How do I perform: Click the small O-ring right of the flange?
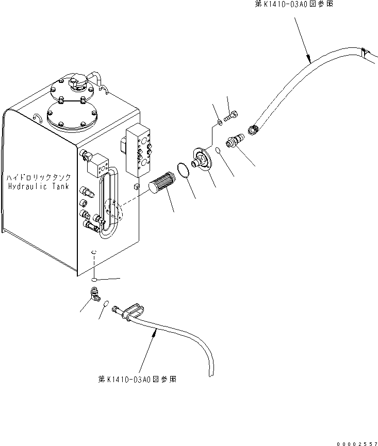click(x=219, y=150)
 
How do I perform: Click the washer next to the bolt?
click(x=220, y=122)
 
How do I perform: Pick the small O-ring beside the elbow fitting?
click(x=105, y=304)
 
